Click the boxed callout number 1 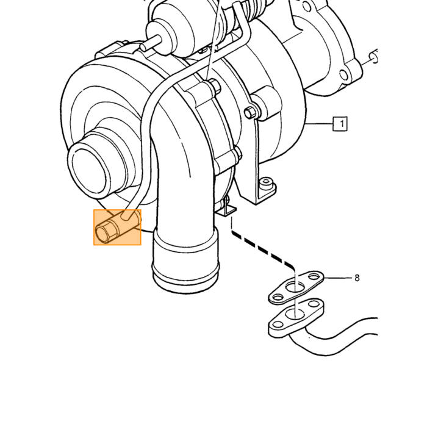point(340,124)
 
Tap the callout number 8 point(357,278)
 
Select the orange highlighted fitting point(117,227)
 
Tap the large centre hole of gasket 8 point(295,287)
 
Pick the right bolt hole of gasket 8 point(315,277)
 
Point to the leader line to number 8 point(338,278)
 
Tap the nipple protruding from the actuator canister point(152,43)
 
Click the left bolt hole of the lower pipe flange point(278,325)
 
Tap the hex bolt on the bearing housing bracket point(249,112)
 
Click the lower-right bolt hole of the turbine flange point(343,75)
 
